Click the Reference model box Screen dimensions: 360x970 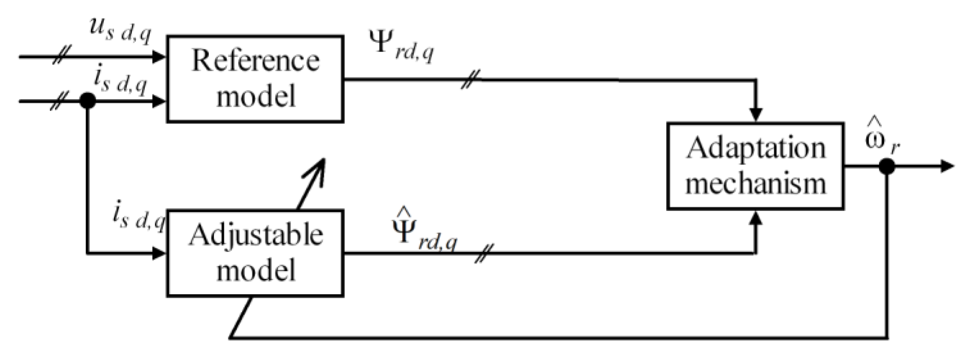pos(255,79)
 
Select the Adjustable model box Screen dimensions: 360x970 pos(255,253)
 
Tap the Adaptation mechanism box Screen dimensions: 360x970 pos(755,166)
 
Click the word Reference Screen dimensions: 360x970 pos(255,61)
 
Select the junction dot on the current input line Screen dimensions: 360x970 pos(88,101)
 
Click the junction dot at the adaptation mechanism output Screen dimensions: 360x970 pos(887,166)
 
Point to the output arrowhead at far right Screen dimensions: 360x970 pos(947,166)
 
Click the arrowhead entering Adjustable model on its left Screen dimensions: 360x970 pos(159,253)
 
